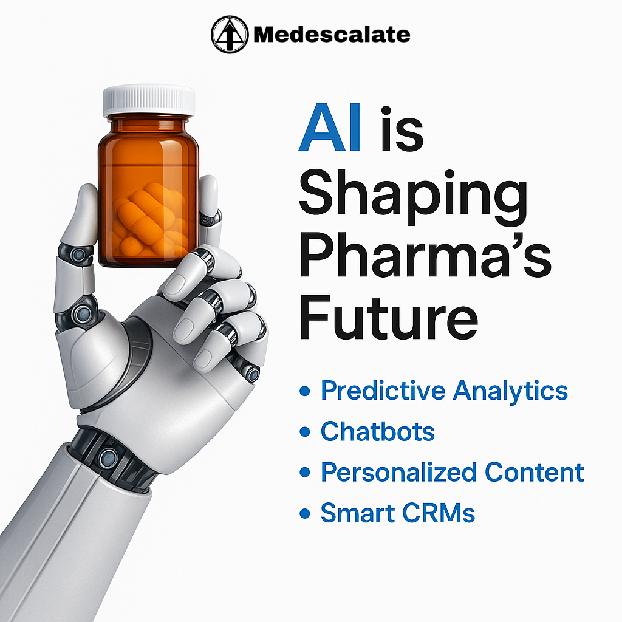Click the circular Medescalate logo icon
229,34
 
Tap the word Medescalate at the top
332,35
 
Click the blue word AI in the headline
330,128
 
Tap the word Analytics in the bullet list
510,391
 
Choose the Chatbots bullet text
378,431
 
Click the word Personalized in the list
398,473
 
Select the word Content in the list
534,472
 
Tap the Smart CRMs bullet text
397,513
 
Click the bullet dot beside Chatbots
305,432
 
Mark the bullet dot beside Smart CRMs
305,514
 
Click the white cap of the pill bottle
149,101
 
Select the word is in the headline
402,129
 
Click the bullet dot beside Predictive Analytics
305,391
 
